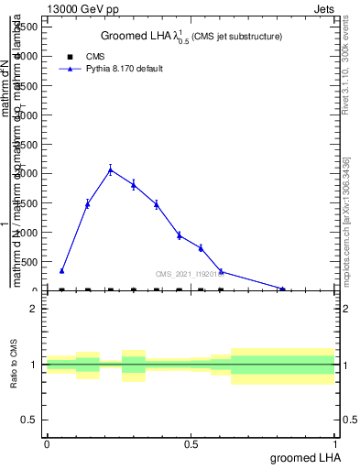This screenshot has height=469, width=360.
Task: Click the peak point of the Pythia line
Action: point(110,169)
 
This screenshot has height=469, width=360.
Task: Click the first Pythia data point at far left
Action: point(61,270)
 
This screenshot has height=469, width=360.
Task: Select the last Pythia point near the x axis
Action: point(283,289)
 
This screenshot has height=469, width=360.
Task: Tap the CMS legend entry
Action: point(82,56)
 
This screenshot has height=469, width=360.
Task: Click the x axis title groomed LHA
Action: point(302,457)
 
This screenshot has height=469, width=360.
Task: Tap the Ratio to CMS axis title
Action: point(14,364)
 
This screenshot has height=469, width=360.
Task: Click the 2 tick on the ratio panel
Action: point(33,309)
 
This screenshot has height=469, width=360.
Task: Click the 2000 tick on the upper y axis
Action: point(27,173)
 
